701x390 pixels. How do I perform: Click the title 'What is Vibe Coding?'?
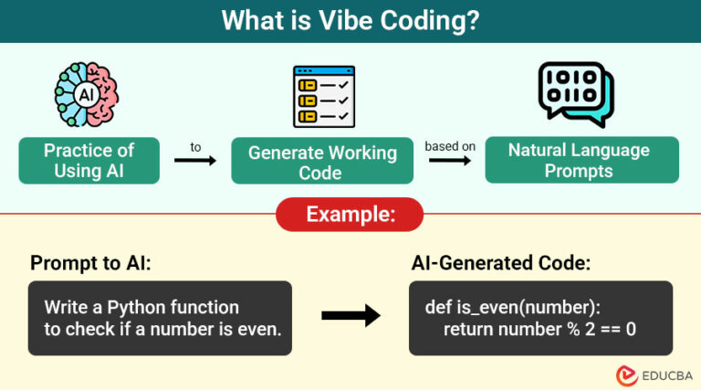350,20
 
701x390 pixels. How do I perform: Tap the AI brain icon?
89,95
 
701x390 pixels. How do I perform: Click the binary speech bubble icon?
575,94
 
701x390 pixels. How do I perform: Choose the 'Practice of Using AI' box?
89,161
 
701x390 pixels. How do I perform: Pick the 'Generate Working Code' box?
322,162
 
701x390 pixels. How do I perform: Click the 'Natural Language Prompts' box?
581,160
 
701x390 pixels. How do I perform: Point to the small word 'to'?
195,145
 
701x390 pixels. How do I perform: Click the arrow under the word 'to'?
195,162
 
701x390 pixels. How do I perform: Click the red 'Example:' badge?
350,215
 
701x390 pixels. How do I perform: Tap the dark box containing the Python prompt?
160,318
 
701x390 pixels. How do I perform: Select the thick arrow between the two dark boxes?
350,317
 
